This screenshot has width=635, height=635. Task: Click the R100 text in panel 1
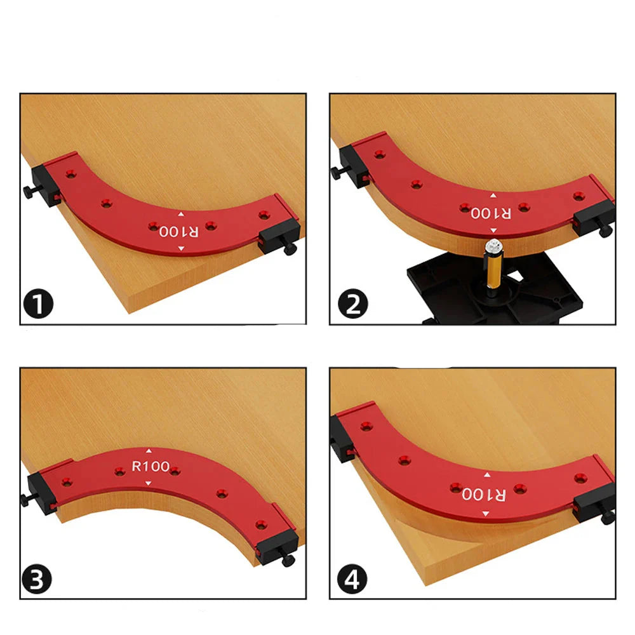179,231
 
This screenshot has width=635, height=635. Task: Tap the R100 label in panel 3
150,467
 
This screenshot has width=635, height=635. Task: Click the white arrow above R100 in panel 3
149,450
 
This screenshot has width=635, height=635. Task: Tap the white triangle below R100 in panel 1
180,248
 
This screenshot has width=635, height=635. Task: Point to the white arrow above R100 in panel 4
487,474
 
